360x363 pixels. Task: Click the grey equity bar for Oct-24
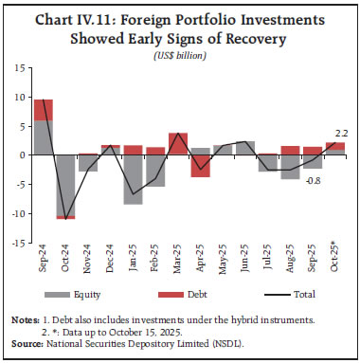pyautogui.click(x=65, y=184)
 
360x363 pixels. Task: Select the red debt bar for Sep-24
pyautogui.click(x=44, y=109)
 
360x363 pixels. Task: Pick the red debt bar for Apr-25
pyautogui.click(x=201, y=165)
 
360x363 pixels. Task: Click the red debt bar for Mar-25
pyautogui.click(x=178, y=143)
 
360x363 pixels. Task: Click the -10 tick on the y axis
pyautogui.click(x=17, y=213)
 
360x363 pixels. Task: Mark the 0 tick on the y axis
pyautogui.click(x=21, y=155)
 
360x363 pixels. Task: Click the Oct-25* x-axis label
pyautogui.click(x=336, y=263)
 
